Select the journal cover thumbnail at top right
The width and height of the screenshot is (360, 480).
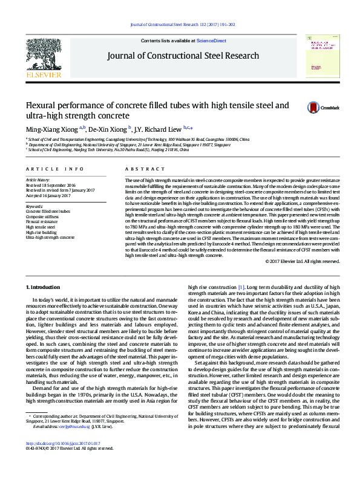[x=321, y=56]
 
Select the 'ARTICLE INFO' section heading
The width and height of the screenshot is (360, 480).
[x=55, y=169]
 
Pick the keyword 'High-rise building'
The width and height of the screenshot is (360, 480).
[x=41, y=232]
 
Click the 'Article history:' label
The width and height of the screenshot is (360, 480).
[x=38, y=180]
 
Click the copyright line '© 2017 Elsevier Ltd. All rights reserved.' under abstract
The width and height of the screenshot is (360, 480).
[x=303, y=261]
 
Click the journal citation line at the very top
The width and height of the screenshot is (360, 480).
[x=183, y=24]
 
